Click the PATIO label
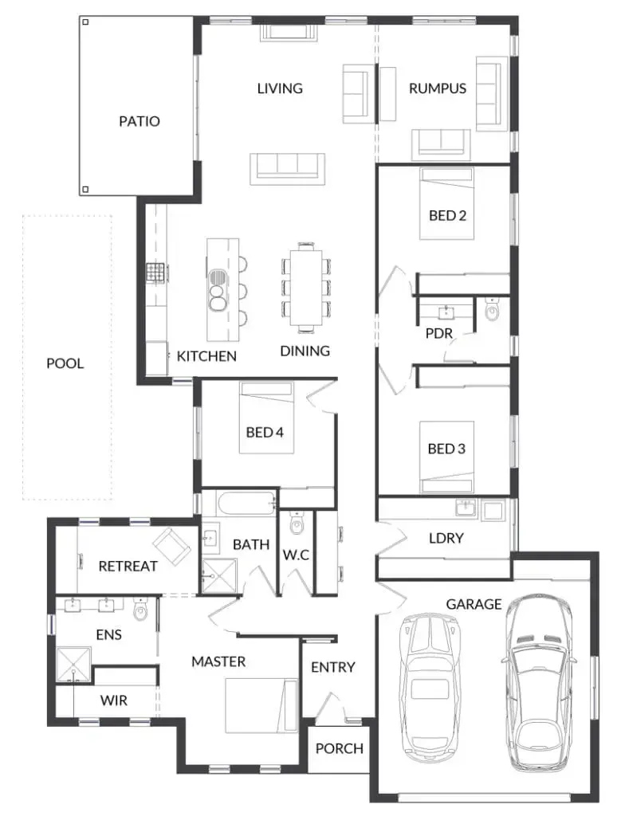point(139,121)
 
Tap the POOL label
point(65,363)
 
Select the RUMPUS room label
point(438,88)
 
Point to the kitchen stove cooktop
point(155,273)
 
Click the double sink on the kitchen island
point(217,289)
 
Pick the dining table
point(306,287)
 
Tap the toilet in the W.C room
point(297,523)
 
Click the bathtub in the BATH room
point(246,504)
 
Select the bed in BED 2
point(446,203)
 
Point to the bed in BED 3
point(446,457)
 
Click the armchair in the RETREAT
point(171,546)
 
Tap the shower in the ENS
point(73,664)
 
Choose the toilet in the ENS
point(140,610)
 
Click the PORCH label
point(340,748)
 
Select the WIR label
point(113,700)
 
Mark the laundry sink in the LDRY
point(466,508)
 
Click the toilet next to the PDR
point(492,308)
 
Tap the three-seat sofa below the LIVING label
point(288,169)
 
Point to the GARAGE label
point(474,604)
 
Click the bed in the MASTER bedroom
point(261,706)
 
